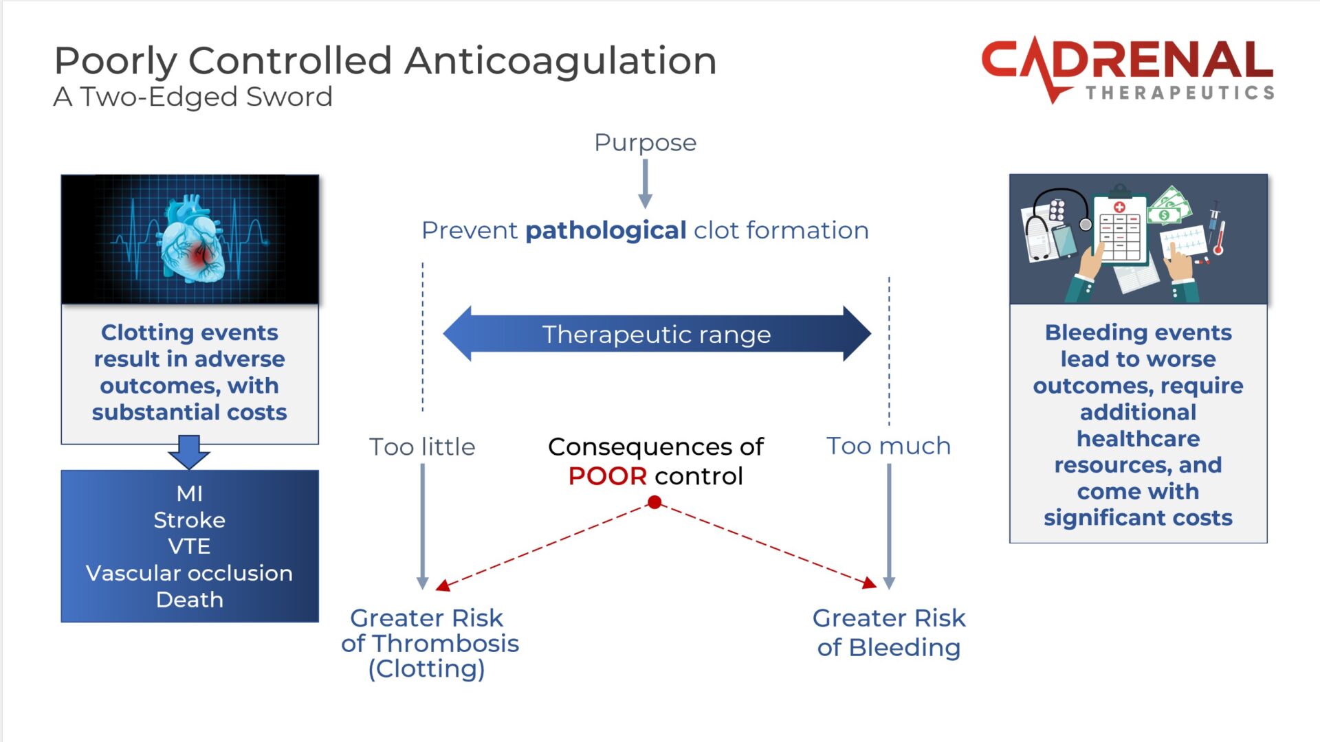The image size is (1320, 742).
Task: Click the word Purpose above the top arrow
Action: click(x=645, y=143)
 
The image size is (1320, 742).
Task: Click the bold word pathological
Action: click(x=605, y=231)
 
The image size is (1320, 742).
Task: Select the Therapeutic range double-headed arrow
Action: click(x=657, y=335)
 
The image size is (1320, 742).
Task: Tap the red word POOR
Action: click(x=607, y=476)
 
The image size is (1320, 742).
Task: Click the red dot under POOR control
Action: click(x=654, y=503)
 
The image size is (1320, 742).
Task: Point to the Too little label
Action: click(x=422, y=447)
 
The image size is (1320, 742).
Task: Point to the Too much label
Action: click(x=888, y=446)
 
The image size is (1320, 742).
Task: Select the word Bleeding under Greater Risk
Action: click(x=904, y=648)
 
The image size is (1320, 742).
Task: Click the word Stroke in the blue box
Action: click(x=189, y=520)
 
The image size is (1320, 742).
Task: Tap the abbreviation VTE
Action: click(x=189, y=546)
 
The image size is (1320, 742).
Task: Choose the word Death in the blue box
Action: click(x=189, y=600)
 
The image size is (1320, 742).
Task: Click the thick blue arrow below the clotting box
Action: click(x=188, y=451)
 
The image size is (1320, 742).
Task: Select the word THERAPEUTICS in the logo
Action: click(x=1180, y=93)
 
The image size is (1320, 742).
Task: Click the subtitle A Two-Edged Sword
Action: click(x=193, y=97)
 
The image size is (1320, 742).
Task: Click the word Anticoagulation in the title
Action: click(x=560, y=60)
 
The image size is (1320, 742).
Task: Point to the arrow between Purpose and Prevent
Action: click(x=645, y=183)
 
